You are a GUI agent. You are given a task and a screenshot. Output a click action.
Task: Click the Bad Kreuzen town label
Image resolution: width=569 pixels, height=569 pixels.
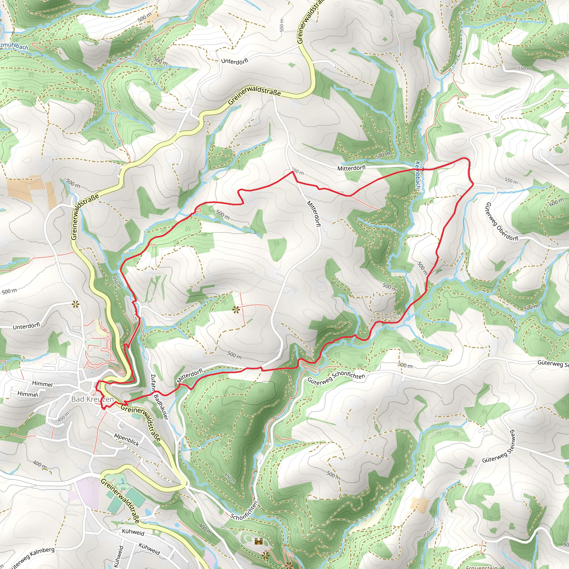[93, 399]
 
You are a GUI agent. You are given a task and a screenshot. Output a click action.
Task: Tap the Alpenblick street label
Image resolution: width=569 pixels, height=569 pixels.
[127, 440]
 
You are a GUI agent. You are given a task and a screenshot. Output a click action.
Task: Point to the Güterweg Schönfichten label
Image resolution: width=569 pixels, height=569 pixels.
[336, 378]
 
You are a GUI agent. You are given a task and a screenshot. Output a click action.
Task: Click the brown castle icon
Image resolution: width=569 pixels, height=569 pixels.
[258, 541]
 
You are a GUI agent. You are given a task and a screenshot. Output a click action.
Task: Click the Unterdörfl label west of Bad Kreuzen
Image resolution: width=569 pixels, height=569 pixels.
[26, 326]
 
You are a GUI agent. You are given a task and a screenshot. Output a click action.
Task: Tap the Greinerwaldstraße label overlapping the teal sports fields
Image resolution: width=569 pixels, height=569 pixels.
[120, 501]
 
